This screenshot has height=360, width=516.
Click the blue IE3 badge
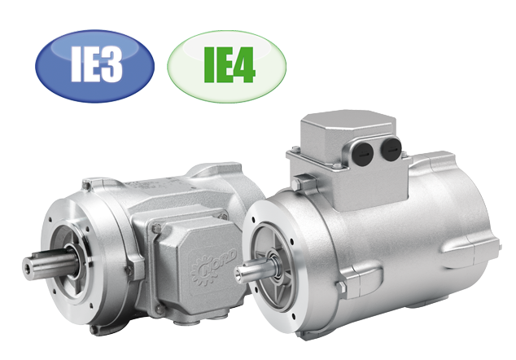[94, 65]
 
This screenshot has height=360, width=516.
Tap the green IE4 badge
[226, 66]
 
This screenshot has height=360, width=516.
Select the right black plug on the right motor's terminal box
[391, 147]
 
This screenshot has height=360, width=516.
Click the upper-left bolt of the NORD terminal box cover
[157, 227]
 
